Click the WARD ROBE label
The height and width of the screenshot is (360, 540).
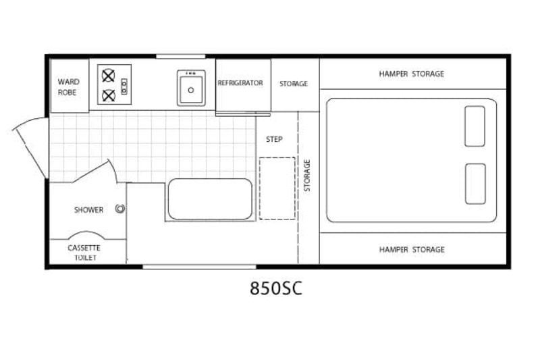click(x=68, y=87)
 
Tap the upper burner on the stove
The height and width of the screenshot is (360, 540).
click(x=108, y=76)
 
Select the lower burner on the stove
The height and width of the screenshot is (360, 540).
click(x=109, y=95)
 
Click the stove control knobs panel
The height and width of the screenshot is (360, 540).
click(x=124, y=86)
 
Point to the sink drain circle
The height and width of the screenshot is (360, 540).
click(x=191, y=91)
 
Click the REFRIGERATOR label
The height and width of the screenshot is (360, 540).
click(x=240, y=83)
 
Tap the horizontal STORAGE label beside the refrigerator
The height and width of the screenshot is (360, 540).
click(x=294, y=84)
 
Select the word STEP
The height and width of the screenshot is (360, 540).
click(x=274, y=139)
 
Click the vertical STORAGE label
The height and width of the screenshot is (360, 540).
click(x=307, y=176)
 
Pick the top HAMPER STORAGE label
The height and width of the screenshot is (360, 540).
click(x=412, y=74)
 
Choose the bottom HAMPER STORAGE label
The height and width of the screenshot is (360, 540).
click(x=412, y=249)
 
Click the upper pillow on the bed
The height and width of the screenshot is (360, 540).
click(x=475, y=126)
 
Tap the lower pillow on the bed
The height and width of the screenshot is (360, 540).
click(x=475, y=184)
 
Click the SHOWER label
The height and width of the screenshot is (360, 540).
click(x=88, y=210)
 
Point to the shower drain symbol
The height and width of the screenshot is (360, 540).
click(x=120, y=209)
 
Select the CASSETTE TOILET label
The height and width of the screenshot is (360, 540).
click(x=84, y=253)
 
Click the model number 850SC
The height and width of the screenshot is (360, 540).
click(x=276, y=288)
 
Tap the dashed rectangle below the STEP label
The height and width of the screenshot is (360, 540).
click(x=277, y=188)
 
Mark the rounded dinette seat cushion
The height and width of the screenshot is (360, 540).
click(x=210, y=199)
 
